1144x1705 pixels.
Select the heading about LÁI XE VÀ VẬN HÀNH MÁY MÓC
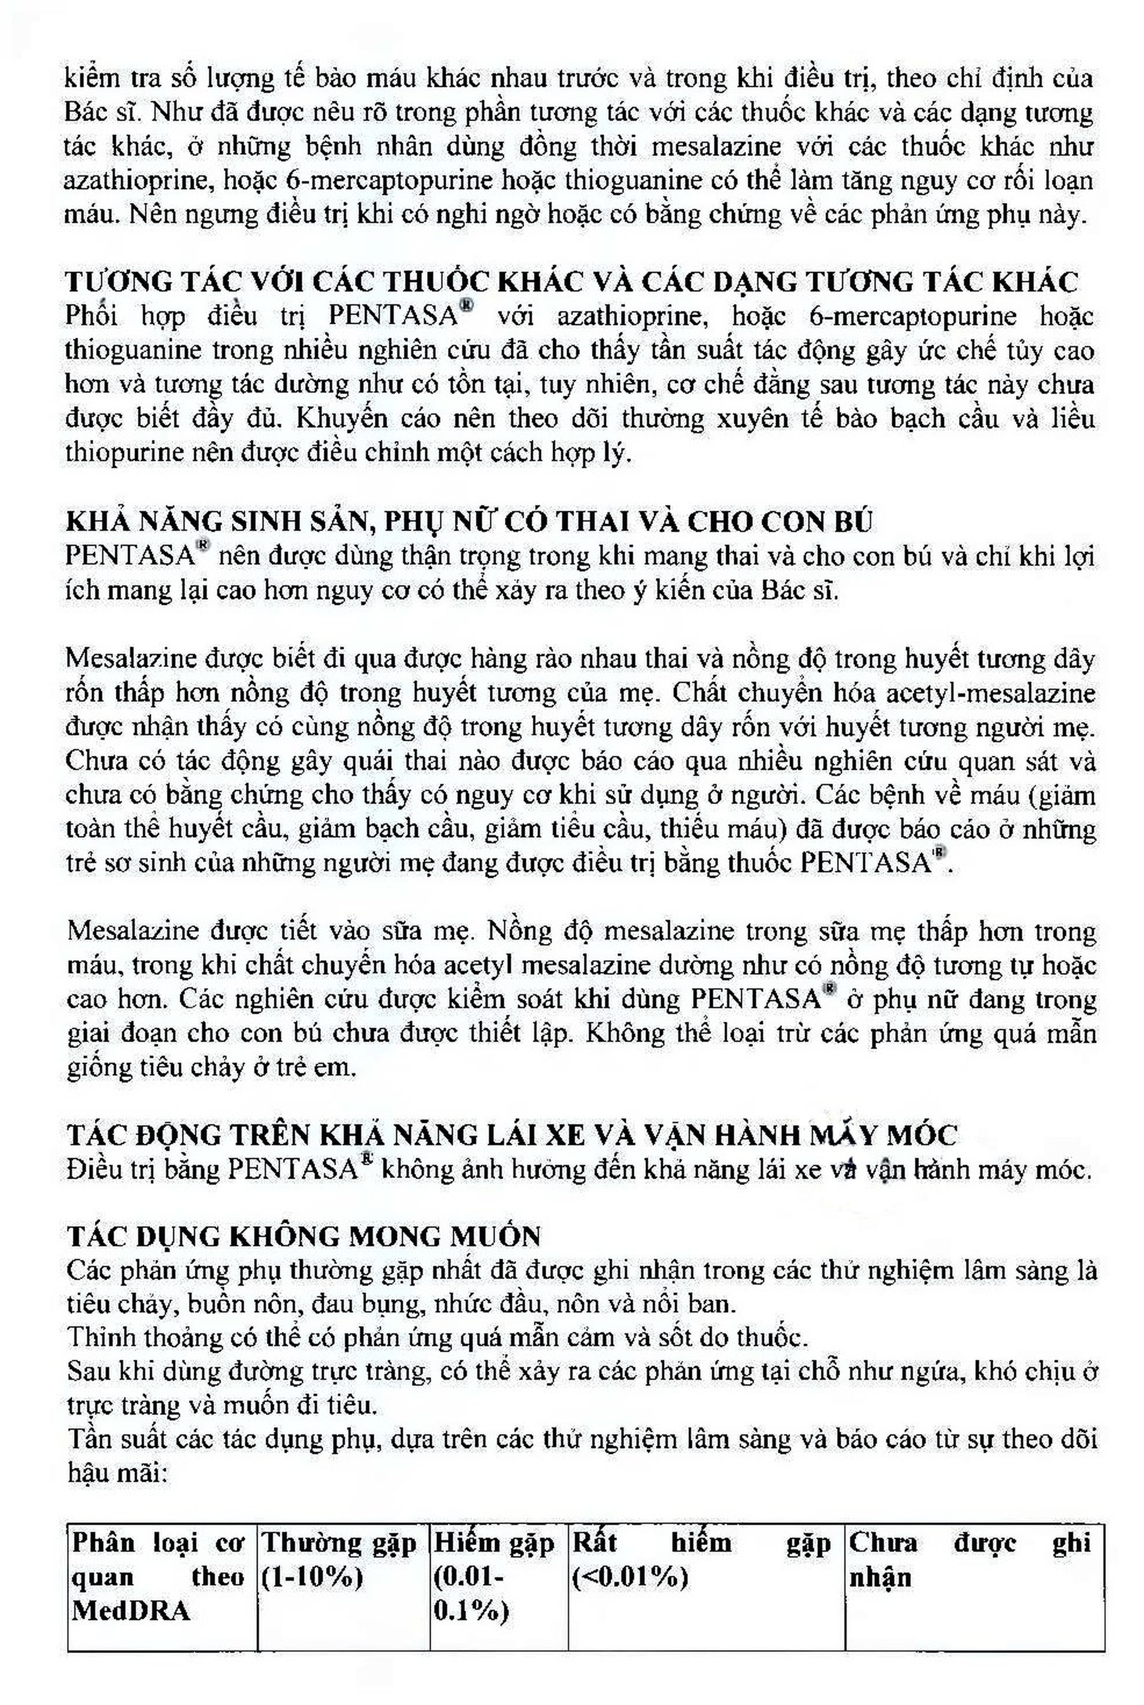[x=511, y=1134]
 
